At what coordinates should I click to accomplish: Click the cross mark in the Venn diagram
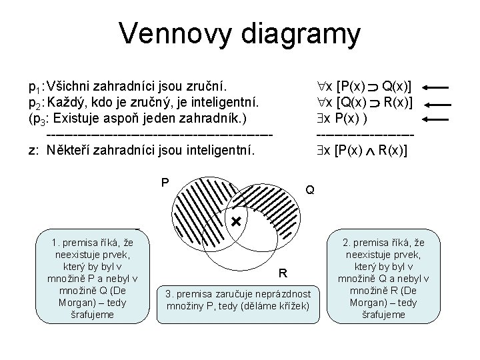click(x=235, y=221)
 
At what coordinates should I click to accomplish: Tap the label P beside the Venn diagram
click(x=164, y=181)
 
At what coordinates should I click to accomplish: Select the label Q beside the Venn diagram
click(x=310, y=190)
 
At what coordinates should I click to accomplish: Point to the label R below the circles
click(x=283, y=273)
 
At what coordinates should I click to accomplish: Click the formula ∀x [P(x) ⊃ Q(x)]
click(x=365, y=87)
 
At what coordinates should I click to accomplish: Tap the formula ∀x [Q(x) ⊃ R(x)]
click(x=365, y=103)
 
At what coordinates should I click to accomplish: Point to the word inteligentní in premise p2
click(x=230, y=103)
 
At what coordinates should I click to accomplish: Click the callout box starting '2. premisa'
click(x=383, y=277)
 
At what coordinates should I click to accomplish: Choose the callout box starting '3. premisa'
click(x=237, y=299)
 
